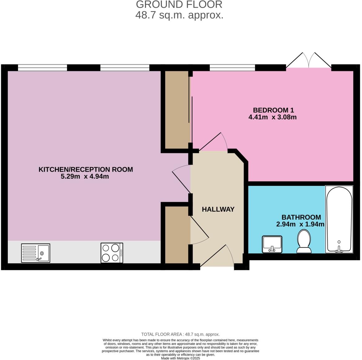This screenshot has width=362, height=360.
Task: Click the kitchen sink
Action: point(36,253)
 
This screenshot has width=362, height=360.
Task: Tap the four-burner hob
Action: point(112,253)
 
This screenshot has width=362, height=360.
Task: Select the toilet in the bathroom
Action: point(304,242)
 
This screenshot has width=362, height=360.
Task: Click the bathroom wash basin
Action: point(272,244)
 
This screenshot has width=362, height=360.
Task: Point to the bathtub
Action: point(339,219)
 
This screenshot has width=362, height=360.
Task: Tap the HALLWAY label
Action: point(218,209)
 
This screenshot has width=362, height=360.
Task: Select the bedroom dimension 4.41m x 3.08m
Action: point(272,117)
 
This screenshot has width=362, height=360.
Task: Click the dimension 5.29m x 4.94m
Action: point(85,177)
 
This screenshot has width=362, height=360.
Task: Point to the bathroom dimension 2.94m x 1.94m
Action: point(300,224)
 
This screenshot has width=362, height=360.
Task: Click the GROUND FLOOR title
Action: point(179,5)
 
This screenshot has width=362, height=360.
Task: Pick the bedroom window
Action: point(232,68)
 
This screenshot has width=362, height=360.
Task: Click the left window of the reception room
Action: point(42,68)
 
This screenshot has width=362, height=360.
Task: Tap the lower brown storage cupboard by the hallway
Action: point(177,235)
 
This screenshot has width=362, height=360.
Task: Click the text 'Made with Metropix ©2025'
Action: point(180,358)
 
